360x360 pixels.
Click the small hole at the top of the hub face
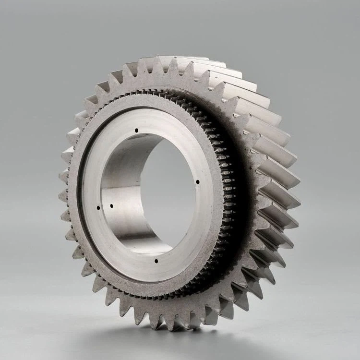(136, 130)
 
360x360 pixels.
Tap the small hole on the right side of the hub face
(198, 181)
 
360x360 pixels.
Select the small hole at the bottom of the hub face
(156, 261)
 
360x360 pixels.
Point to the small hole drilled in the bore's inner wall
(111, 206)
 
